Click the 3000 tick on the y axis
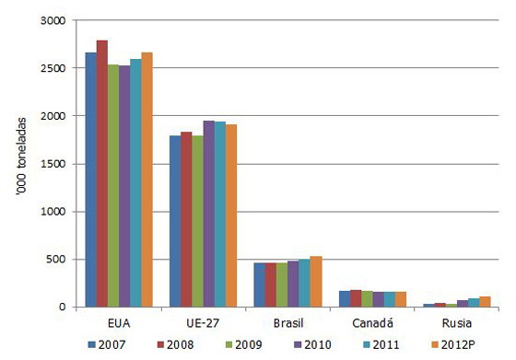[x=54, y=20]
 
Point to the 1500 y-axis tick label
[x=54, y=164]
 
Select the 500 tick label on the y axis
[x=57, y=260]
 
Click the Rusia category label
[x=455, y=324]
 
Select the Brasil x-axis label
[x=287, y=324]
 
